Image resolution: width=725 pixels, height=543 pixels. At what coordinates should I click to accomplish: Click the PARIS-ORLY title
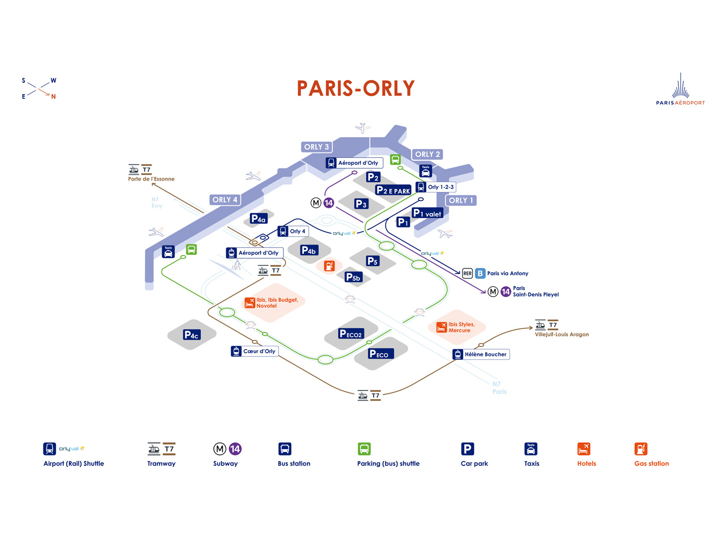(356, 88)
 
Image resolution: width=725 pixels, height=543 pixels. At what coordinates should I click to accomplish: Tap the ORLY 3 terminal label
(316, 147)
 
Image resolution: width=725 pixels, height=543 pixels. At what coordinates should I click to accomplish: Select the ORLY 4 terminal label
(225, 200)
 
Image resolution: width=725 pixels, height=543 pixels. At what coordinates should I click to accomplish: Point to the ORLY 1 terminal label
(460, 200)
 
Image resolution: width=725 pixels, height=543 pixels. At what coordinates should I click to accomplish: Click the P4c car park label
(191, 335)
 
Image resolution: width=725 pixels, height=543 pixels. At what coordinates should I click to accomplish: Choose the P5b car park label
(353, 277)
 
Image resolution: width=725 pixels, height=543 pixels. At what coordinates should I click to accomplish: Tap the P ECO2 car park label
(351, 334)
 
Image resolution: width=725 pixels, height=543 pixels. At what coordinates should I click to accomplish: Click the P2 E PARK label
(393, 190)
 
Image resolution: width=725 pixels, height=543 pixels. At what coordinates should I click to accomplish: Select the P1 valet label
(427, 213)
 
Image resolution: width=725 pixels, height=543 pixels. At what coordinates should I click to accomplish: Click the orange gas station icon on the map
(329, 266)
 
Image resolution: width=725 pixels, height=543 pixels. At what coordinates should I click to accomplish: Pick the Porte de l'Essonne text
(151, 179)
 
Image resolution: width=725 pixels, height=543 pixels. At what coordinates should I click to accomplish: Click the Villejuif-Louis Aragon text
(561, 334)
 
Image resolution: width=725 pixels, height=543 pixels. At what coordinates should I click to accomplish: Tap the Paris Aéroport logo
(680, 89)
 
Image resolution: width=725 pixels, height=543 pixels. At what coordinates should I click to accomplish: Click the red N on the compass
(53, 97)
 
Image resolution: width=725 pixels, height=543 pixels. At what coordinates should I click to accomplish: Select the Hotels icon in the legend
(584, 449)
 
